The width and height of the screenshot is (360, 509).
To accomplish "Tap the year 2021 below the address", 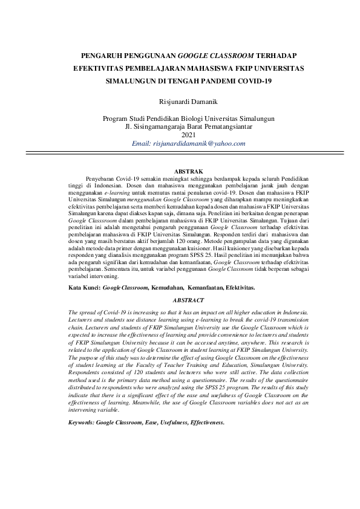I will tap(180, 135).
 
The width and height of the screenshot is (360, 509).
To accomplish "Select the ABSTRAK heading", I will tap(180, 172).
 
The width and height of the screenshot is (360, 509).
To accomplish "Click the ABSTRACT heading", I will tap(180, 300).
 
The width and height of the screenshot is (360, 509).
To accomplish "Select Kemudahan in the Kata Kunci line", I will tap(168, 288).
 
